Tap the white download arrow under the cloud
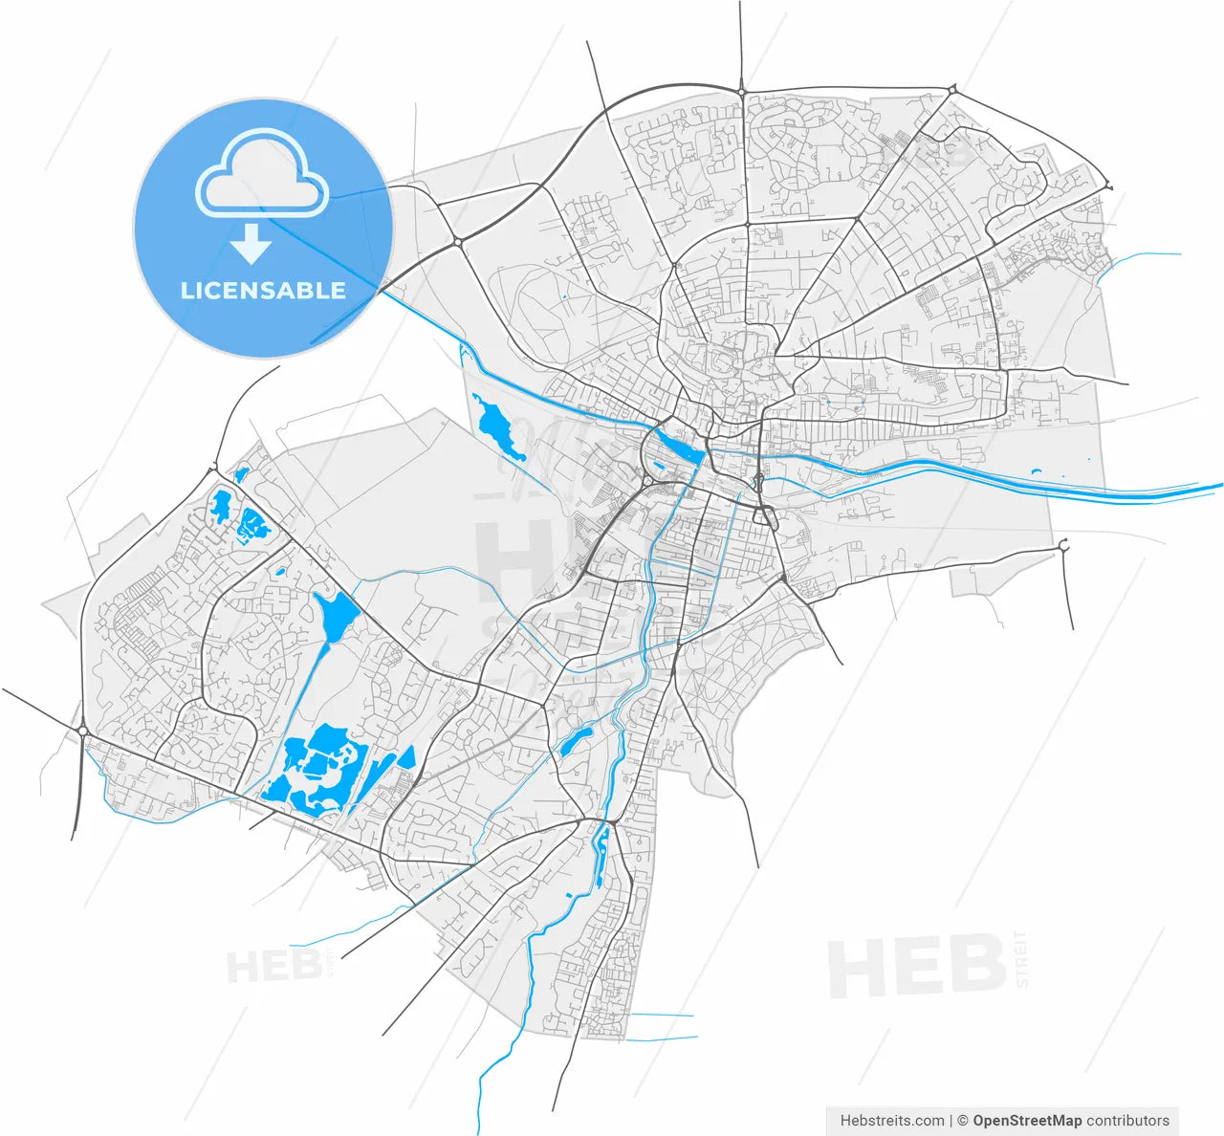pyautogui.click(x=251, y=244)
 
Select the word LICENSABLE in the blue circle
pyautogui.click(x=263, y=290)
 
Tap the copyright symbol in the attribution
pyautogui.click(x=963, y=1120)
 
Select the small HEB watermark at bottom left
pyautogui.click(x=274, y=967)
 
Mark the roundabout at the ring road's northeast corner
pyautogui.click(x=952, y=89)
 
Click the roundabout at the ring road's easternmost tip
pyautogui.click(x=1107, y=186)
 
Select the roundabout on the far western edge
pyautogui.click(x=83, y=732)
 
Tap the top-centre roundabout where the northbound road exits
pyautogui.click(x=741, y=91)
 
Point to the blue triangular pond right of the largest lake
pyautogui.click(x=407, y=756)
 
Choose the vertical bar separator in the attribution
pyautogui.click(x=951, y=1120)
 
